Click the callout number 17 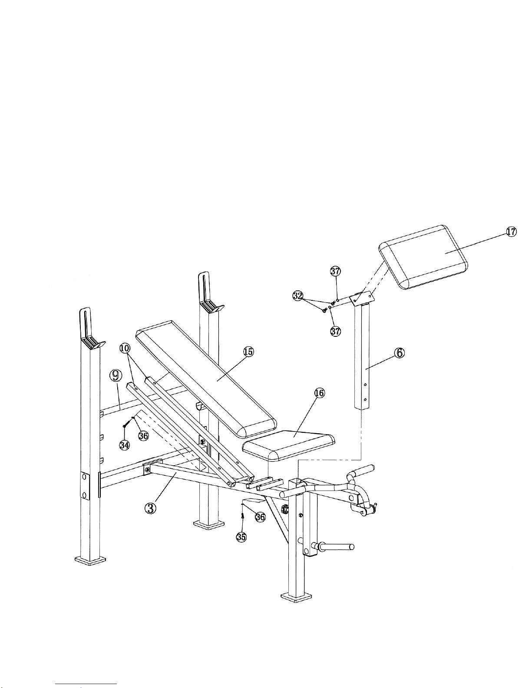click(x=511, y=232)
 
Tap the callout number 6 click(x=400, y=353)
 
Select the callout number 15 click(x=248, y=352)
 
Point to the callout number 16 click(x=319, y=393)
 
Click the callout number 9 click(x=116, y=375)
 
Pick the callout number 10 click(x=125, y=348)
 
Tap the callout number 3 click(x=150, y=508)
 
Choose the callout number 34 click(x=125, y=445)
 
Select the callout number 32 click(x=297, y=296)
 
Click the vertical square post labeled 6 click(x=362, y=356)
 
